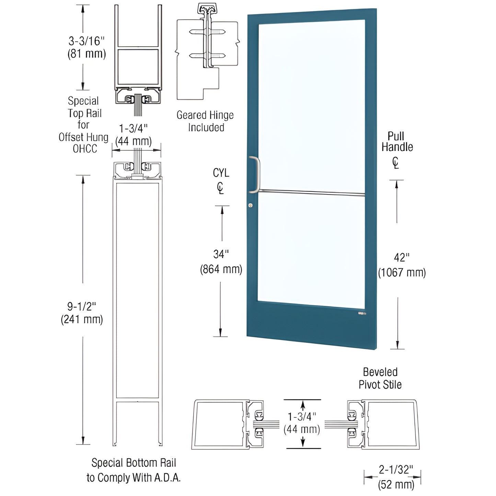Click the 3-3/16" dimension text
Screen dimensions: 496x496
pyautogui.click(x=86, y=41)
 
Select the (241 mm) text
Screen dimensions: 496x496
pyautogui.click(x=82, y=319)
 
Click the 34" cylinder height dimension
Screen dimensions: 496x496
pyautogui.click(x=221, y=254)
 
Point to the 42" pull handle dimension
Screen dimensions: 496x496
pyautogui.click(x=402, y=257)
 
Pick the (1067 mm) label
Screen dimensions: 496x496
pyautogui.click(x=402, y=273)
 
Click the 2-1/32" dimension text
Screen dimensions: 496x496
pyautogui.click(x=396, y=470)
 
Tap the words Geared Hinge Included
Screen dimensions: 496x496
pyautogui.click(x=205, y=121)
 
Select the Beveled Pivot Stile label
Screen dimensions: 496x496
pyautogui.click(x=380, y=378)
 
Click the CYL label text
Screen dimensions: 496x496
pyautogui.click(x=221, y=173)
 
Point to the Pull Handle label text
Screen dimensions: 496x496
pyautogui.click(x=397, y=141)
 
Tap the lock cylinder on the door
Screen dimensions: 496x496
pyautogui.click(x=251, y=205)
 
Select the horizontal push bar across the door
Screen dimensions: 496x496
pyautogui.click(x=311, y=193)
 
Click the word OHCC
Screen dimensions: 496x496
pyautogui.click(x=85, y=149)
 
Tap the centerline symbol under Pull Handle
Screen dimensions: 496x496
pyautogui.click(x=396, y=163)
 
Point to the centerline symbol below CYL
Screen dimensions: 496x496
pyautogui.click(x=220, y=188)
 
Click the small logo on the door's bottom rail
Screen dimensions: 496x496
pyautogui.click(x=362, y=313)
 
